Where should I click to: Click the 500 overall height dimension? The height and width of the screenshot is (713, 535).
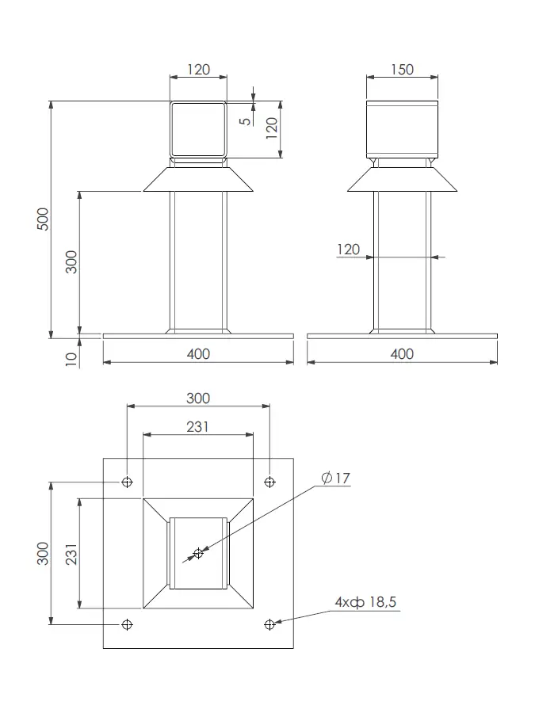(44, 219)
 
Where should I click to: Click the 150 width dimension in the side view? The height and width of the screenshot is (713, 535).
(402, 69)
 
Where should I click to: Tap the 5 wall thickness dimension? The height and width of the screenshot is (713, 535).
(246, 120)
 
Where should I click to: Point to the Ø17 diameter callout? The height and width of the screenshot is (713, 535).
(336, 478)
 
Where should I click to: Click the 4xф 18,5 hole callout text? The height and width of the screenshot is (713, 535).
(365, 603)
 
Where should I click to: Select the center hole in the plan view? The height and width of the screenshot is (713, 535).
(198, 553)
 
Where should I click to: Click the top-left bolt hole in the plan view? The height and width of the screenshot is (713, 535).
(127, 482)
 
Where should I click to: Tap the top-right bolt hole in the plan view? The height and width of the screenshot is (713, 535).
(269, 482)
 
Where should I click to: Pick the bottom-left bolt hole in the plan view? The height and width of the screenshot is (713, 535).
(127, 624)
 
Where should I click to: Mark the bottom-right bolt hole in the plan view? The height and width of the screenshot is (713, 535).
(269, 624)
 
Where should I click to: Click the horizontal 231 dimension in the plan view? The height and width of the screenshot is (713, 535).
(197, 426)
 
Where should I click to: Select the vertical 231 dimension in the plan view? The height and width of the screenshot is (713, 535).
(71, 553)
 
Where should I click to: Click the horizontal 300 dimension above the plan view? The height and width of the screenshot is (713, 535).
(197, 398)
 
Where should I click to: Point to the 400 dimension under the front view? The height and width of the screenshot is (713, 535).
(197, 353)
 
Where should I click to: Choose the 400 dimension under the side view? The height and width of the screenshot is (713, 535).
(402, 353)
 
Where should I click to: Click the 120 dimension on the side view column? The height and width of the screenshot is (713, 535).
(348, 250)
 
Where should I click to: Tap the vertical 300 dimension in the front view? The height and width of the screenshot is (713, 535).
(71, 261)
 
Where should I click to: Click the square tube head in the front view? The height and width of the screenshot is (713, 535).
(198, 129)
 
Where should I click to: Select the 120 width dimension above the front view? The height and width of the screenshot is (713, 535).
(198, 69)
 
